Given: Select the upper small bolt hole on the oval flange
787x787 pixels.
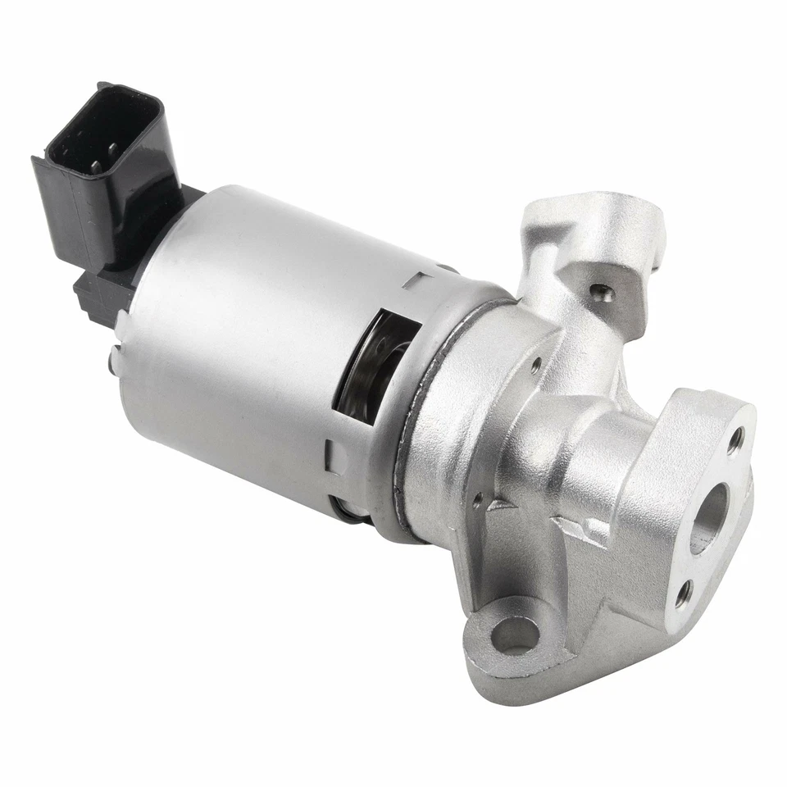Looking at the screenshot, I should (x=738, y=438).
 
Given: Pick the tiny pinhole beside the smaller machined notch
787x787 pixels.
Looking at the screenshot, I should (x=478, y=496).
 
